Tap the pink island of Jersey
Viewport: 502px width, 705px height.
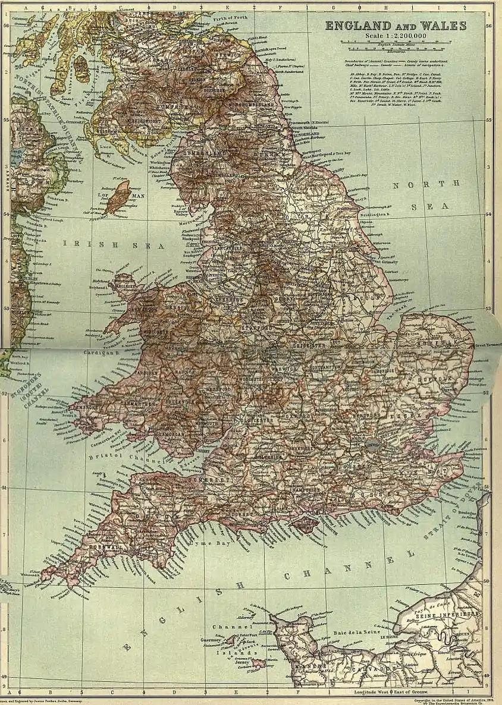point(258,662)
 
